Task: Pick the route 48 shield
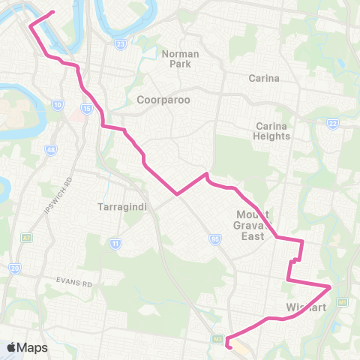51,151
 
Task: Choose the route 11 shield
115,243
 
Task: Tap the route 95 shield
214,239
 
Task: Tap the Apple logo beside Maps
13,347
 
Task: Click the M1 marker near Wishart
343,301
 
